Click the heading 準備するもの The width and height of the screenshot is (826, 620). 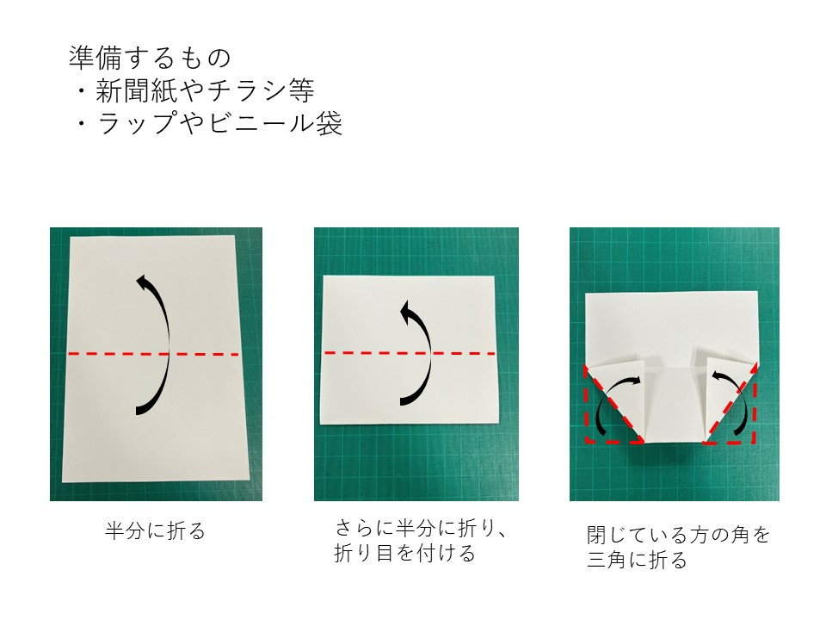pos(150,58)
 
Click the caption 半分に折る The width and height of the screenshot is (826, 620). pos(156,530)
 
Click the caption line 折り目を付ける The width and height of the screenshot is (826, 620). pos(404,554)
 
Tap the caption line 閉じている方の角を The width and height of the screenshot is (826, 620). pos(678,535)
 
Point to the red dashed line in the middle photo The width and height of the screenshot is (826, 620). pos(361,353)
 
